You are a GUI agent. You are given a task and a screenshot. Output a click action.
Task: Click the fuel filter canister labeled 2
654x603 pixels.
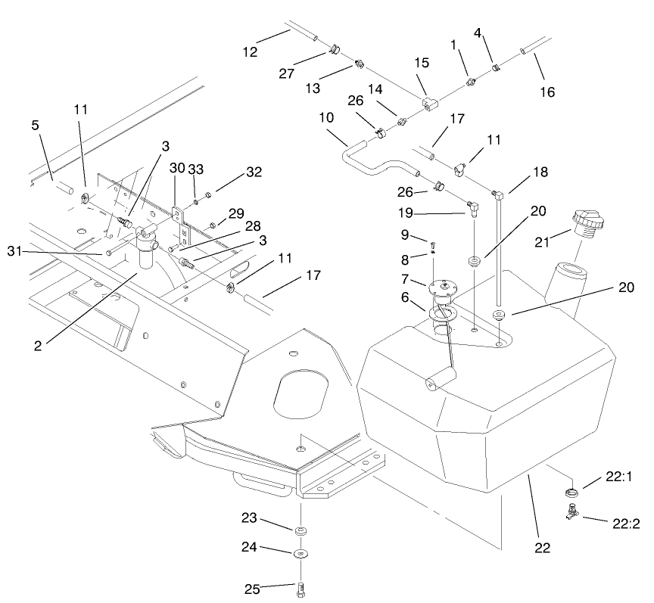click(x=146, y=253)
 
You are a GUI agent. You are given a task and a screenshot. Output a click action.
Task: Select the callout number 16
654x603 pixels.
click(x=547, y=92)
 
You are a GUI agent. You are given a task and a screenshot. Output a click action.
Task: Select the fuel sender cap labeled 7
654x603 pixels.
click(x=440, y=286)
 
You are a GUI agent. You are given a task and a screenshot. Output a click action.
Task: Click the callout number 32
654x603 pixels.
click(x=254, y=172)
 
